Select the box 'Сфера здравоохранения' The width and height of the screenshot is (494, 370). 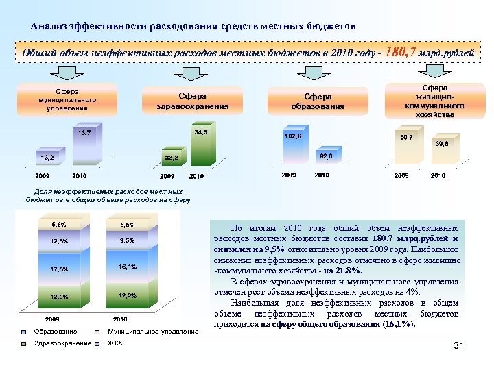coord(192,101)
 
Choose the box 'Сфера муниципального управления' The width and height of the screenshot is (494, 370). coord(67,99)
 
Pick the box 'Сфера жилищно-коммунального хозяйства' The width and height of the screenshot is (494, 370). coord(434,101)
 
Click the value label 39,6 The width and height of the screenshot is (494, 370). coord(442,144)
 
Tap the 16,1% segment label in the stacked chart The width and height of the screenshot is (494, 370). coord(127,266)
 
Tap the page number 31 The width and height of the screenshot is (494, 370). coord(459,346)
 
